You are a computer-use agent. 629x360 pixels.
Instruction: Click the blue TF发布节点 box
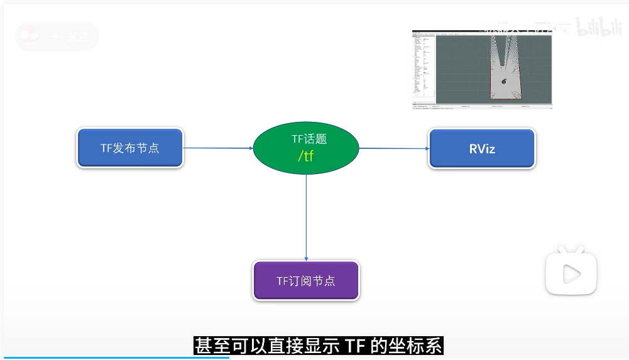tap(130, 148)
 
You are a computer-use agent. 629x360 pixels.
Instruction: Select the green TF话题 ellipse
tap(305, 148)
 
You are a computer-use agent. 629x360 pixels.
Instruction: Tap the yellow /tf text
tap(305, 156)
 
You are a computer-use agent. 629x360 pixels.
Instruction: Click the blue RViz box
tap(482, 149)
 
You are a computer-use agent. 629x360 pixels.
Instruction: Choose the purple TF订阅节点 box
tap(306, 281)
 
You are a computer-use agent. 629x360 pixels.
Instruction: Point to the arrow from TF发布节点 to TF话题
tap(217, 148)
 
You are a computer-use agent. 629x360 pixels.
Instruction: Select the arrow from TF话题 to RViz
tap(393, 149)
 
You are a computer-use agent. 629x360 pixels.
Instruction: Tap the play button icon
tap(571, 273)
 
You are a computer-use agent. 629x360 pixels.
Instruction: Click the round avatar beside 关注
tap(30, 36)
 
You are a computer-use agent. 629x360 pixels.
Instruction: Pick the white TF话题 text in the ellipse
tap(309, 140)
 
